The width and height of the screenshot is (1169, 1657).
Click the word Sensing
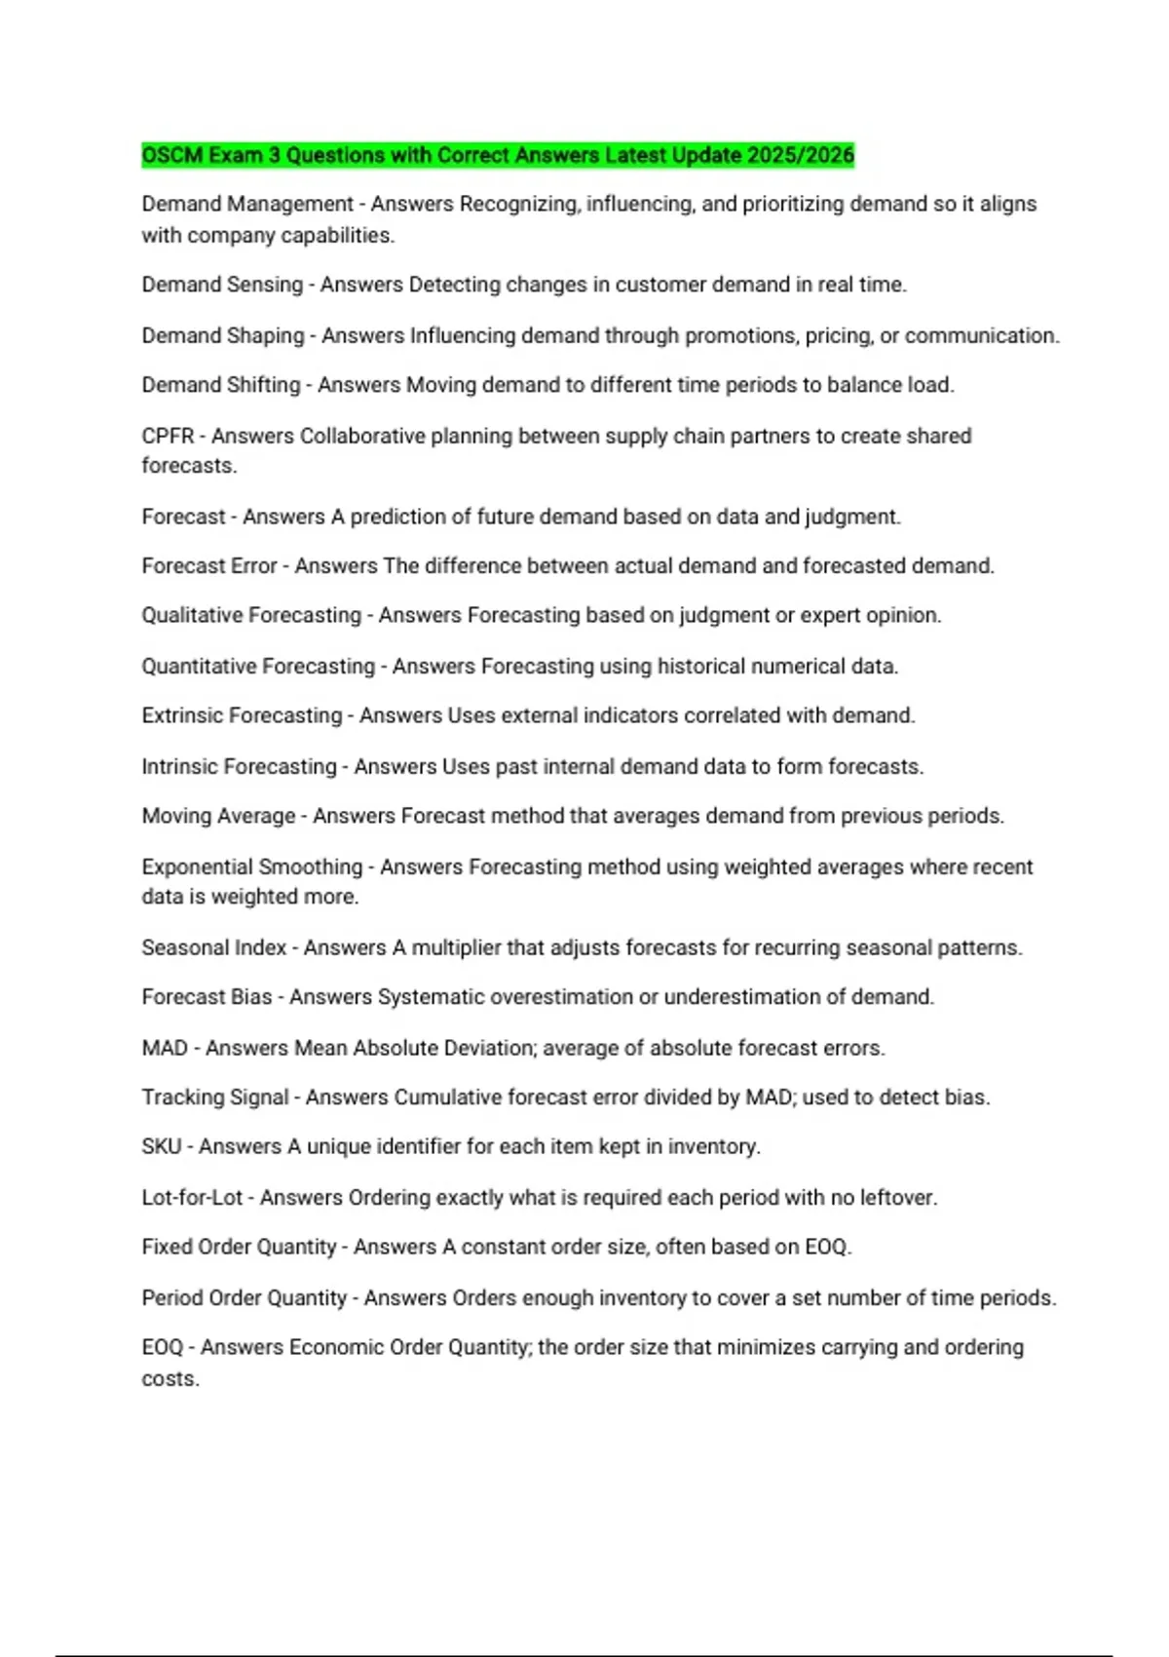coord(263,285)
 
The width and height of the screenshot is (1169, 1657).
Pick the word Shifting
coord(263,385)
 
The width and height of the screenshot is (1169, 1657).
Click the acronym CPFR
coord(168,436)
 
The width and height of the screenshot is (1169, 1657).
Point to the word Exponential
coord(198,867)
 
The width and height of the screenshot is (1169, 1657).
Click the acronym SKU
coord(162,1146)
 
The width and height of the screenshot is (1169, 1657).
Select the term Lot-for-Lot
coord(192,1197)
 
